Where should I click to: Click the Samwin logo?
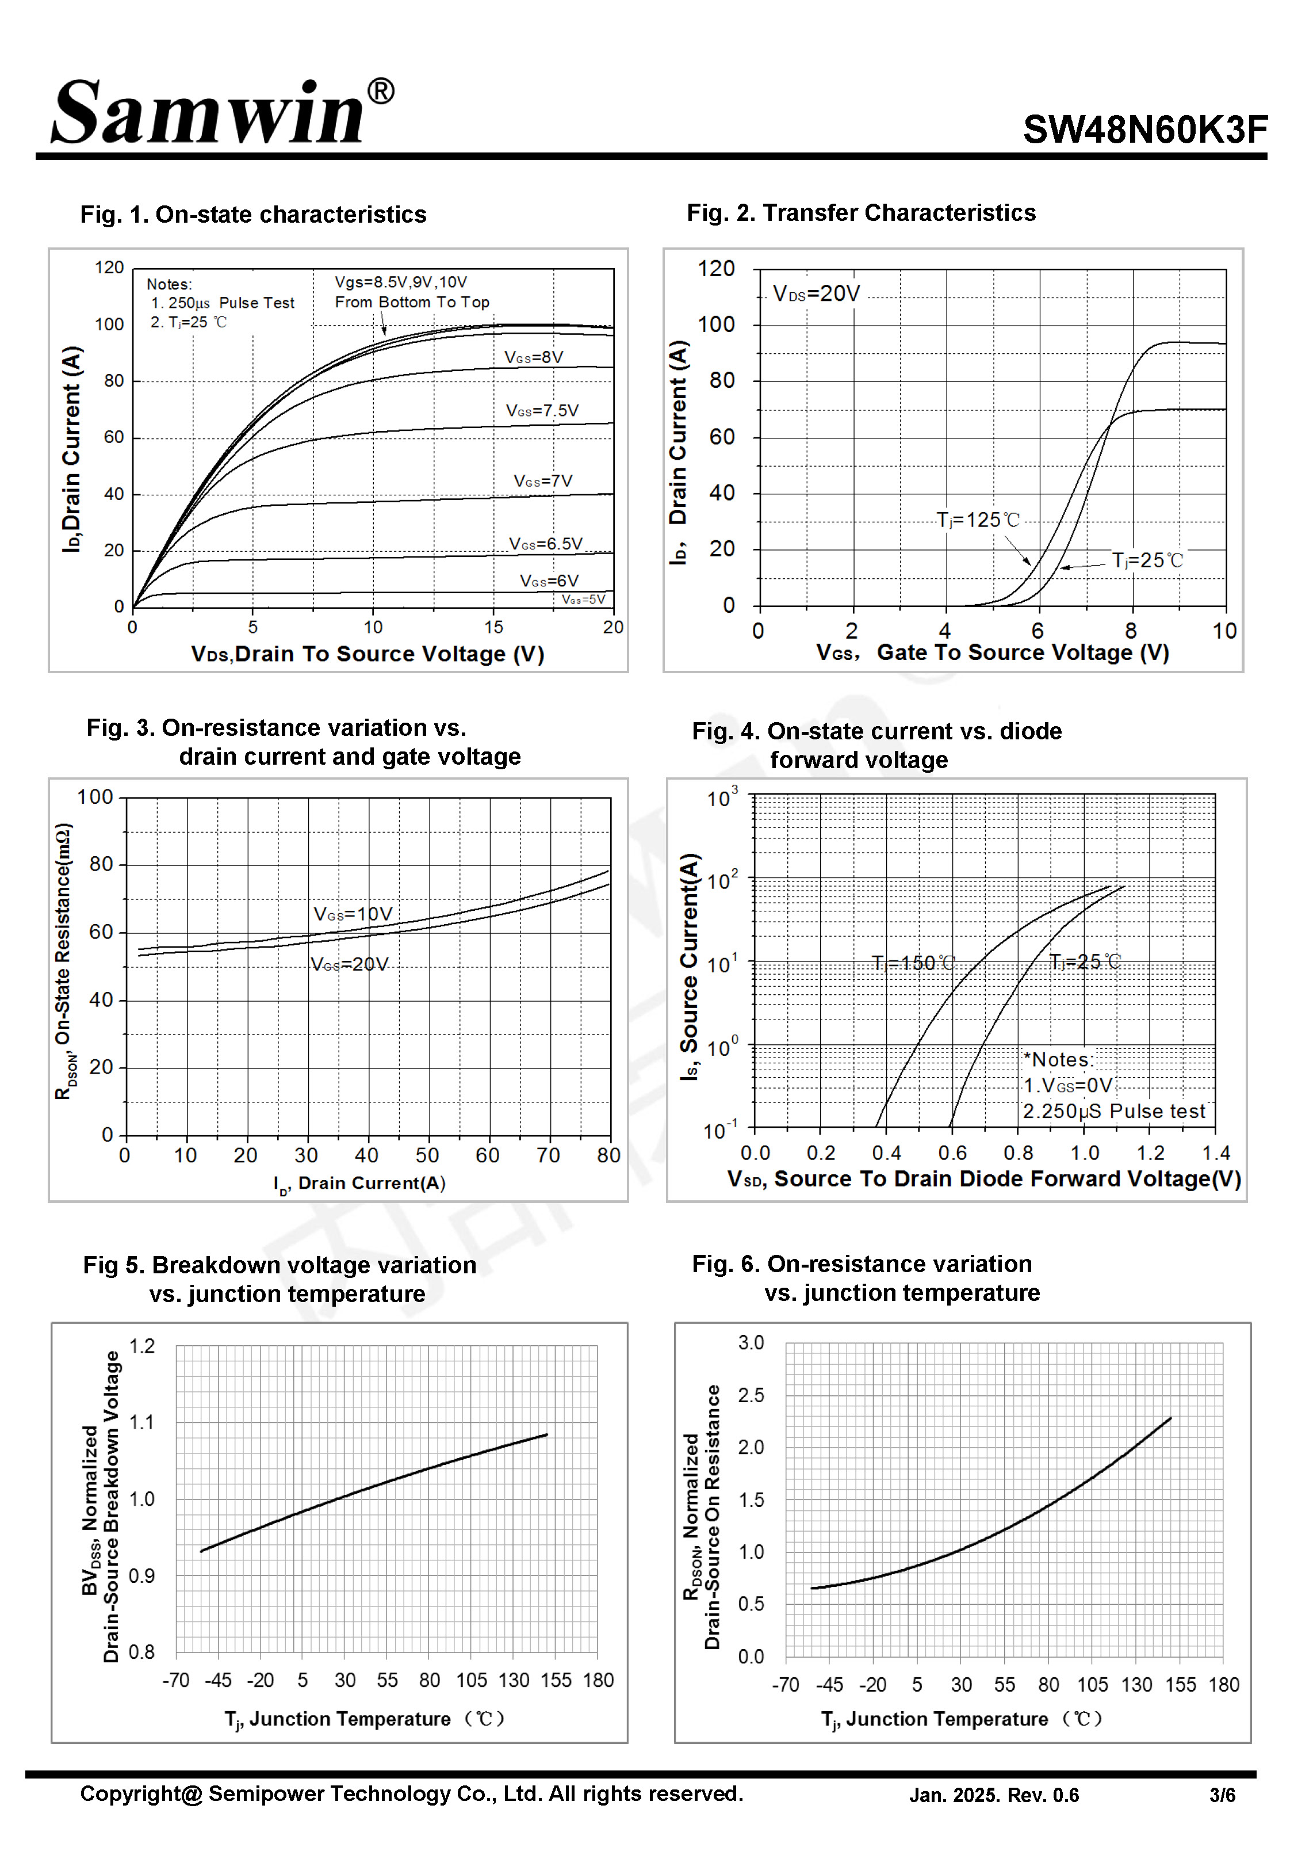coord(209,113)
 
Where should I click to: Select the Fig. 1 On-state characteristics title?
coord(253,215)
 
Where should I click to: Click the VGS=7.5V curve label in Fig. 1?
coord(542,411)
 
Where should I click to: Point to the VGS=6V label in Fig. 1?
coord(549,582)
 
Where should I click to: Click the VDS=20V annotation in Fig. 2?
coord(816,293)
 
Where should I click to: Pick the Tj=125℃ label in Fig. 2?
coord(977,520)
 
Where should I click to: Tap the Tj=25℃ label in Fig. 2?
coord(1146,560)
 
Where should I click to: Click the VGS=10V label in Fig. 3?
coord(353,914)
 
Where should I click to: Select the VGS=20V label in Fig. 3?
coord(350,964)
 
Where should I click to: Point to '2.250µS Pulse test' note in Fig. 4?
coord(1113,1111)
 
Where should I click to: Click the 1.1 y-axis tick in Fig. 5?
coord(142,1422)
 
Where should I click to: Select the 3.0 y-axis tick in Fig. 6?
coord(751,1343)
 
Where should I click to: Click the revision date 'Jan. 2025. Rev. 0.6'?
coord(993,1795)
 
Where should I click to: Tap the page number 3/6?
coord(1222,1795)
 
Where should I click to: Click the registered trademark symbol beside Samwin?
coord(381,91)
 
